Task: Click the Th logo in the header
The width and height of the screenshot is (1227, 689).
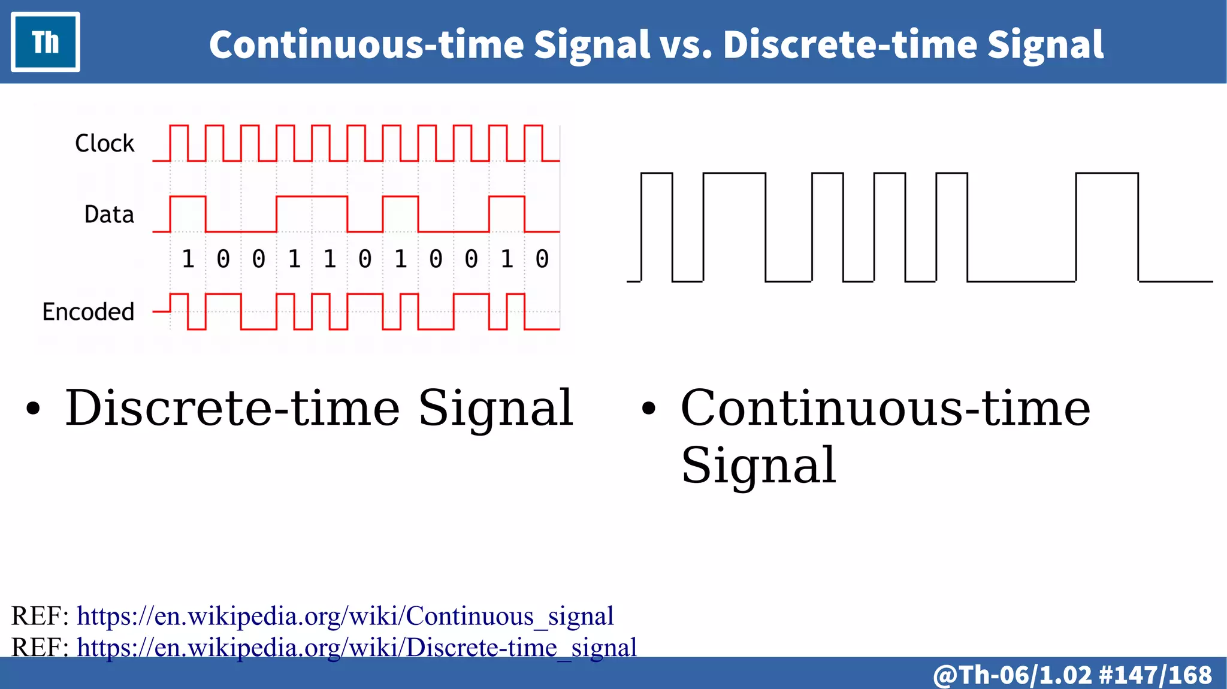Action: click(46, 42)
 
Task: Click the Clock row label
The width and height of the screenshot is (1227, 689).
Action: click(105, 144)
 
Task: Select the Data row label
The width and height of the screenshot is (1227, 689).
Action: click(109, 214)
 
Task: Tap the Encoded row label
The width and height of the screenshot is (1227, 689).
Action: click(88, 312)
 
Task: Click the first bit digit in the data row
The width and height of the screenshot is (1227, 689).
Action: click(188, 259)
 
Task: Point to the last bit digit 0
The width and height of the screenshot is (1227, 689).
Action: click(542, 259)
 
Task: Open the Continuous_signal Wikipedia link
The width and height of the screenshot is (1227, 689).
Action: click(345, 616)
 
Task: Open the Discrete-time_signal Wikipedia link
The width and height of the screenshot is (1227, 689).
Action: click(356, 648)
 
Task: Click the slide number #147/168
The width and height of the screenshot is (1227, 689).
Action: click(1156, 675)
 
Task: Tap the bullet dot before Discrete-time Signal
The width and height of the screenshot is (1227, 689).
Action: click(34, 409)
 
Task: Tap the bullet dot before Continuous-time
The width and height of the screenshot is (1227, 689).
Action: click(649, 409)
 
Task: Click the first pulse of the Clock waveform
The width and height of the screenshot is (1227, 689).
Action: click(179, 143)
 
